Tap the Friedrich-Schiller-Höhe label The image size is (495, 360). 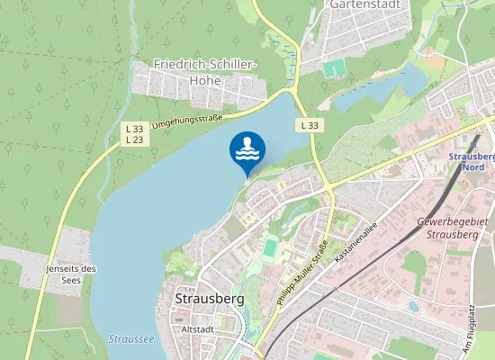point(205,72)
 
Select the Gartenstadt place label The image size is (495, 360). point(364,4)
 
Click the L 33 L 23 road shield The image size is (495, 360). point(134,134)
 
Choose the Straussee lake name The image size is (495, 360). point(130,339)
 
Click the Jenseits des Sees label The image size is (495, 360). point(70,274)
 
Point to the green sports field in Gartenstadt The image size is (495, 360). point(335,68)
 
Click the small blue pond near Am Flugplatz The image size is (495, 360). point(413,307)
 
